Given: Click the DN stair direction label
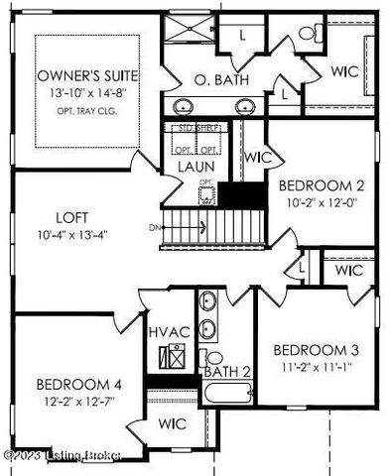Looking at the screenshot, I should pyautogui.click(x=154, y=227).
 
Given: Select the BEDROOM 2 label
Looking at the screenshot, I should pyautogui.click(x=316, y=184).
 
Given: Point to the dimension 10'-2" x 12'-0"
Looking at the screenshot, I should pyautogui.click(x=316, y=202).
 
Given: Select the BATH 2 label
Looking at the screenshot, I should pyautogui.click(x=226, y=372).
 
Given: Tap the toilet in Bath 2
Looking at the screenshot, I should pyautogui.click(x=211, y=357).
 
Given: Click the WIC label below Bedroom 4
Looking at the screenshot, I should pyautogui.click(x=173, y=423).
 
